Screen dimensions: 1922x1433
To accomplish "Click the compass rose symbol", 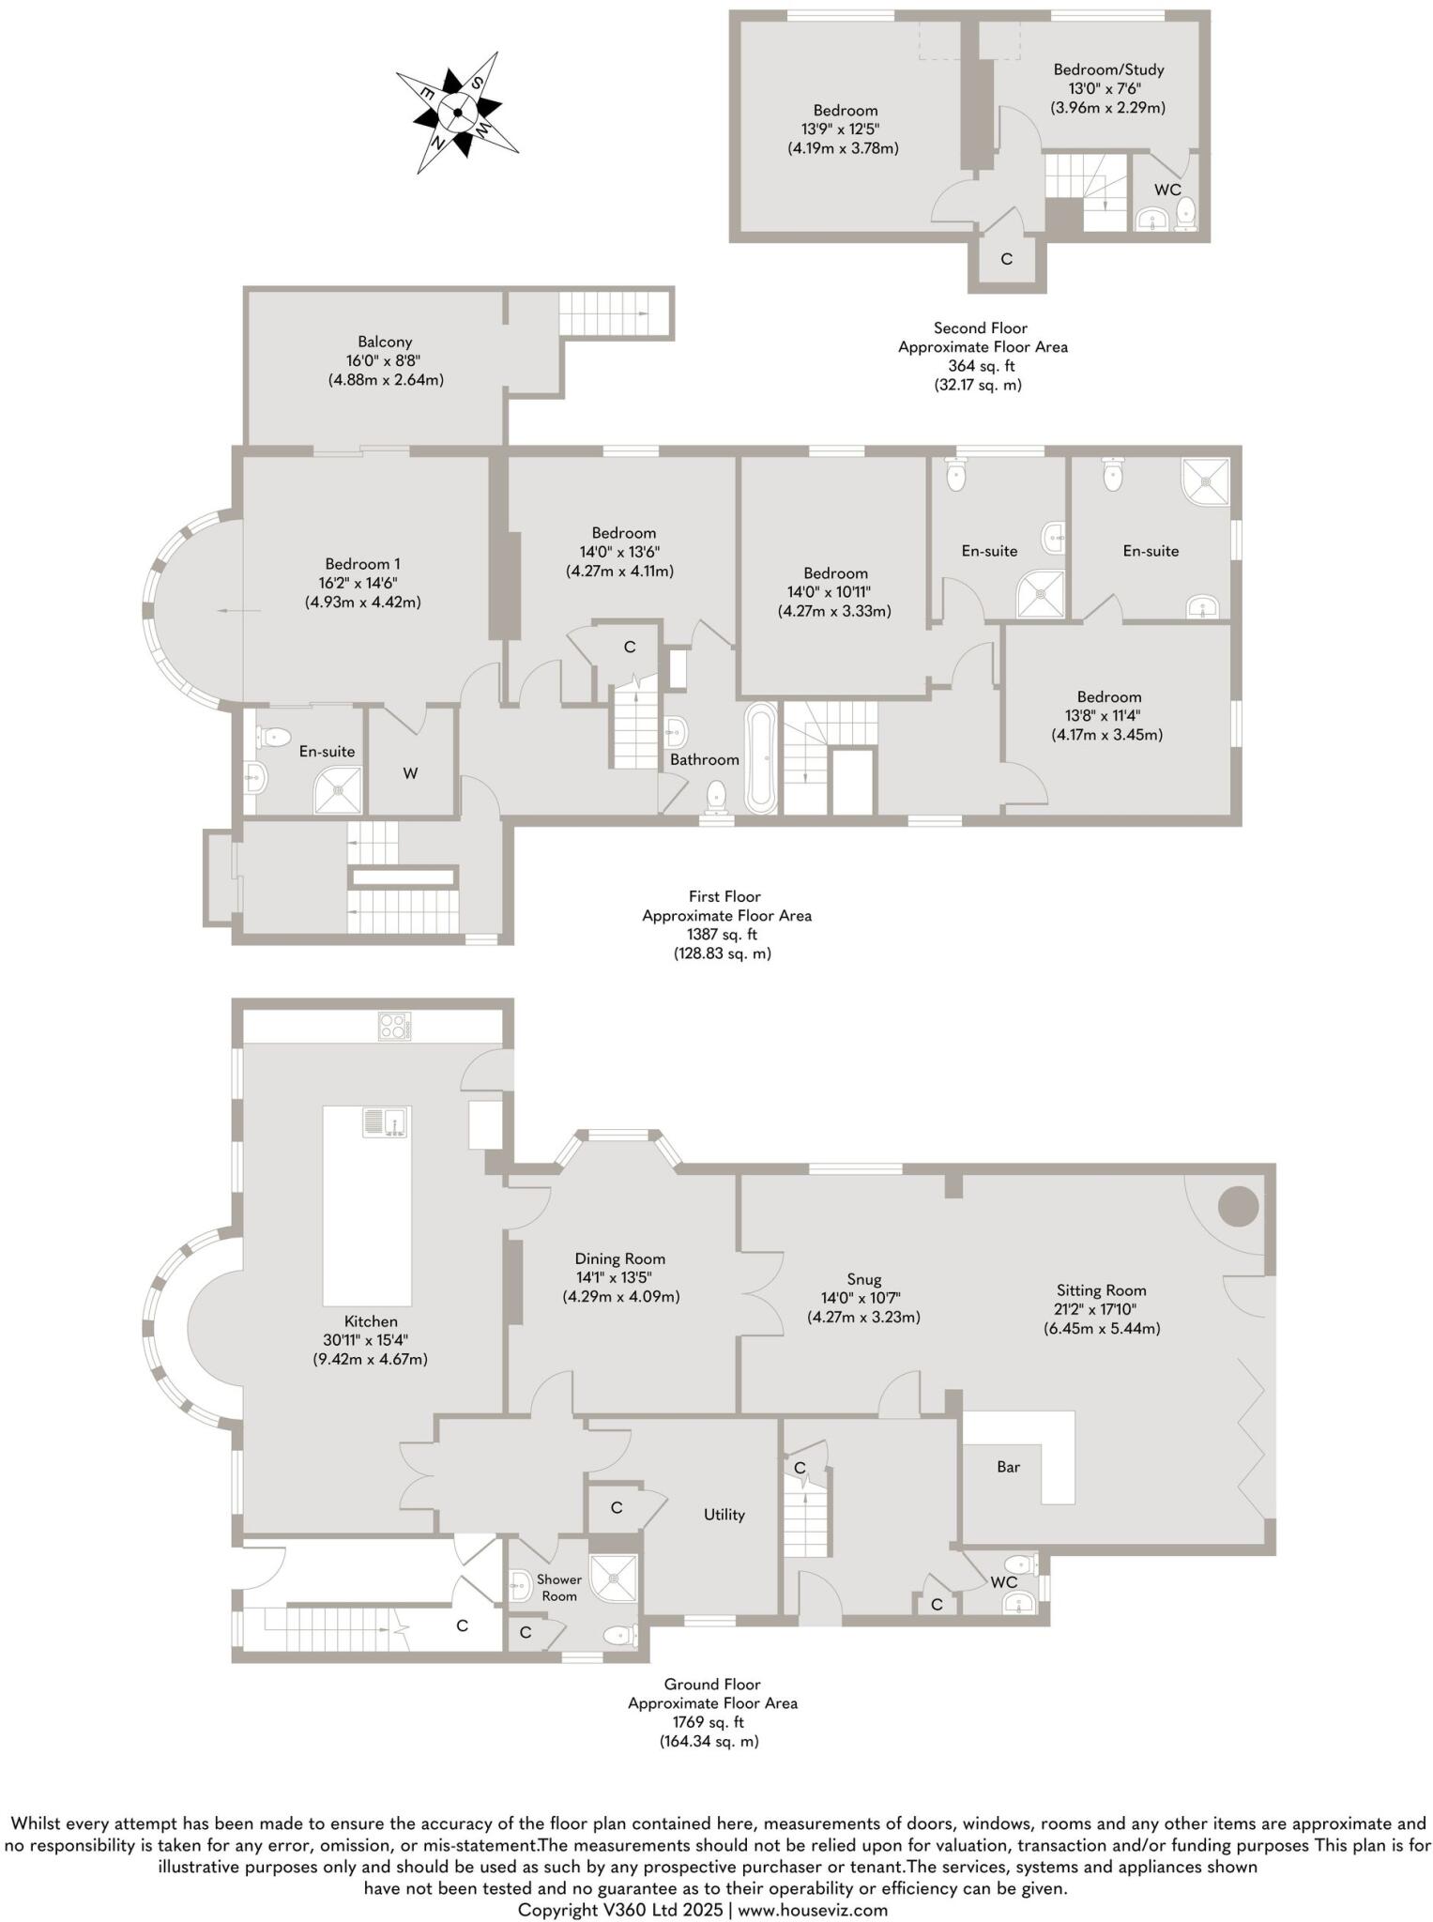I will tap(457, 114).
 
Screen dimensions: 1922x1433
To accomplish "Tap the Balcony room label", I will tap(385, 343).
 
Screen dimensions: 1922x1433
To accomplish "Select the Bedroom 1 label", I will tap(362, 564).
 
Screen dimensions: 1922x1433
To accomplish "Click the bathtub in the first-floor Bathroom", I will tap(760, 758).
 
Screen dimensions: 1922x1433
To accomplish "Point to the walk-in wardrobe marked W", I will tap(410, 773).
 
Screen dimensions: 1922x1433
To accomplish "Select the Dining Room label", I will tap(620, 1259).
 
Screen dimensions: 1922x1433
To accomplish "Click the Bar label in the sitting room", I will tap(1008, 1467).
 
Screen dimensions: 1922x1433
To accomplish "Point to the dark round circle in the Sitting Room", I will tap(1238, 1206).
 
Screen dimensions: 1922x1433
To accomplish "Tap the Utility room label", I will tap(724, 1515).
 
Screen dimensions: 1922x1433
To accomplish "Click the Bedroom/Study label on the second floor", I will tap(1108, 69).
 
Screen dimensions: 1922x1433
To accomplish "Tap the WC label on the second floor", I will tap(1167, 190).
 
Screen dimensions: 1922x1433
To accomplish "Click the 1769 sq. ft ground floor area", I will tap(709, 1722).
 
